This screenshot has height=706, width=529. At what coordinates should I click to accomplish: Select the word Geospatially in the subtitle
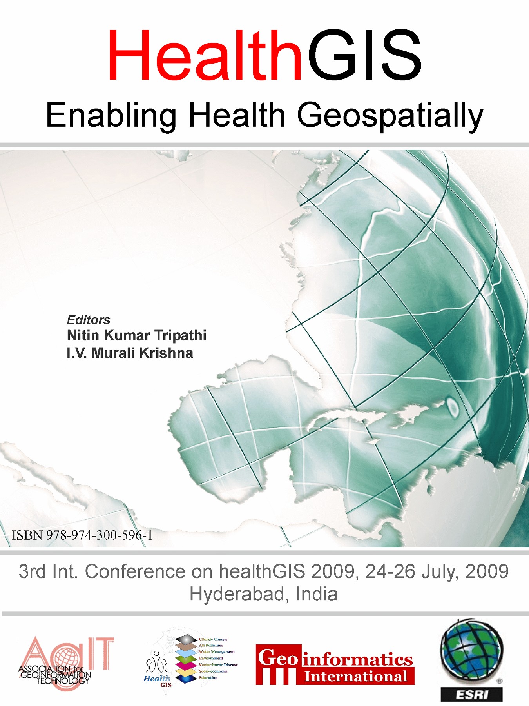(x=390, y=115)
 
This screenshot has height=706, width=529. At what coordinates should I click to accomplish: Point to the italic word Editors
(x=89, y=320)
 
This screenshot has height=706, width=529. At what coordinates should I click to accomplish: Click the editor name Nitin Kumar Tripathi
(x=136, y=335)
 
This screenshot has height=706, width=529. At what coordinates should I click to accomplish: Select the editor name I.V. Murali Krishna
(x=130, y=353)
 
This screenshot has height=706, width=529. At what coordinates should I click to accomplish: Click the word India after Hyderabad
(x=317, y=594)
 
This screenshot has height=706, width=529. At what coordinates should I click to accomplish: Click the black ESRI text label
(x=471, y=695)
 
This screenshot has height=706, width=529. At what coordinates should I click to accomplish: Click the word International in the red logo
(x=356, y=677)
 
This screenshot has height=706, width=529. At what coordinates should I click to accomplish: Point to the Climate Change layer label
(x=213, y=639)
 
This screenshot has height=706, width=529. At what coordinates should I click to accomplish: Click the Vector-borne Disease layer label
(x=218, y=665)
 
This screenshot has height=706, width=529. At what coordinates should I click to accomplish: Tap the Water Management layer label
(x=216, y=652)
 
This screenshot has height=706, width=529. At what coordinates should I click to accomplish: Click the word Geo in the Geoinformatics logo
(x=278, y=658)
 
